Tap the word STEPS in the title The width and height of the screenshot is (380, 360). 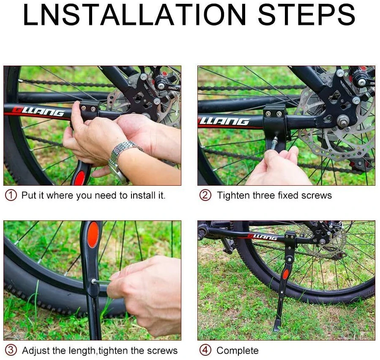pos(307,15)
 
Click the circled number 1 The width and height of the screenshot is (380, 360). pos(11,195)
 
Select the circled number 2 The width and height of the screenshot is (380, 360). pos(205,195)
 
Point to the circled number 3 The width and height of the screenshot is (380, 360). pos(11,350)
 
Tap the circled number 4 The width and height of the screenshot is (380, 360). pos(205,350)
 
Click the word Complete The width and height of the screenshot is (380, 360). pos(238,351)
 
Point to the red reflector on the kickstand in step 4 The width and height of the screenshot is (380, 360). pos(286,274)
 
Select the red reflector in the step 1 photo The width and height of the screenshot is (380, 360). pos(79,178)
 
